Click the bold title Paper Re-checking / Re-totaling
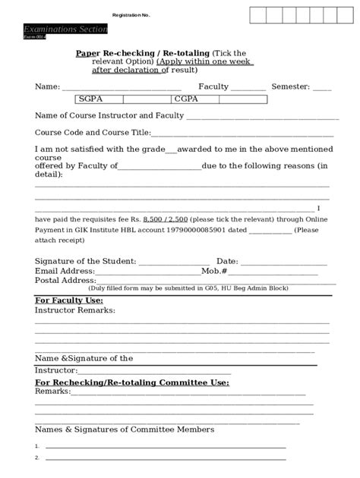[143, 53]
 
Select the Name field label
[47, 86]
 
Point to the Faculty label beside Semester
[213, 86]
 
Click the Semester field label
[291, 86]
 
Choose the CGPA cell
[186, 99]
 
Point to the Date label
[227, 261]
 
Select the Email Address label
[65, 271]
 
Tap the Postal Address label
[66, 280]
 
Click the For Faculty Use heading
[69, 300]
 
